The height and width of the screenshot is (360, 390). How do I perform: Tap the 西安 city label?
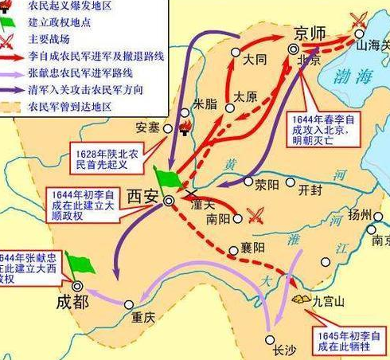click(x=143, y=196)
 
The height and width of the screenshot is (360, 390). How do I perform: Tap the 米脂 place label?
click(x=205, y=104)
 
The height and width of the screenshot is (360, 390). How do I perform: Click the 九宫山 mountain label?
click(x=329, y=302)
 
